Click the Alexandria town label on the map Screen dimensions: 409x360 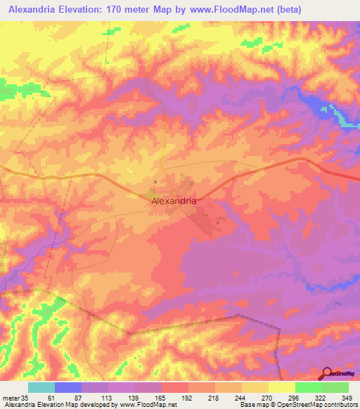click(174, 200)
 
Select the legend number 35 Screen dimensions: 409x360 click(26, 398)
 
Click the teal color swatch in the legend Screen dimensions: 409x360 click(41, 387)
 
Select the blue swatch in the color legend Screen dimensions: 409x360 click(67, 387)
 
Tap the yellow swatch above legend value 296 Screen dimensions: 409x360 click(281, 387)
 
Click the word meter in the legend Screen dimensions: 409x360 click(10, 398)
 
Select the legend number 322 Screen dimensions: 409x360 click(320, 398)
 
